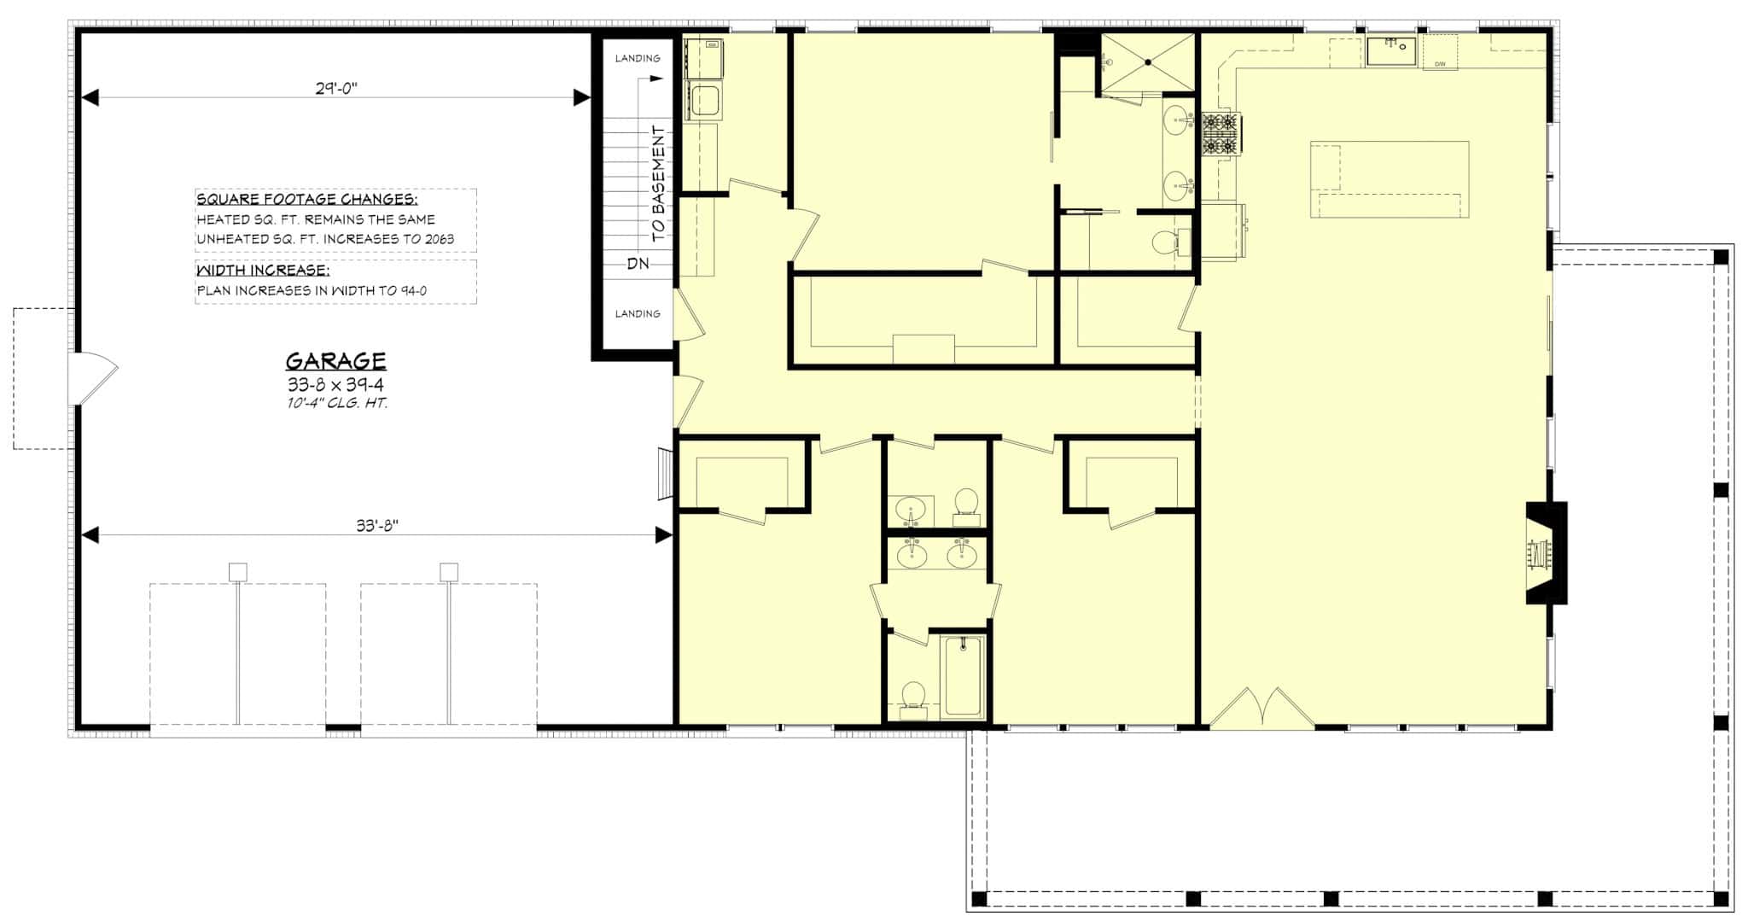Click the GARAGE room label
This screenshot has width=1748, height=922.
click(x=335, y=360)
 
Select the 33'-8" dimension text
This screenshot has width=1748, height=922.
click(x=377, y=526)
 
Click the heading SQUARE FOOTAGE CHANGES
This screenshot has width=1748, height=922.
click(x=307, y=200)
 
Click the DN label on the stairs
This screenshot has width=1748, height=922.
click(x=638, y=264)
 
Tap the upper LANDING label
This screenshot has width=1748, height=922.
click(x=638, y=58)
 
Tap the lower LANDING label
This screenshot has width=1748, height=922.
click(x=638, y=313)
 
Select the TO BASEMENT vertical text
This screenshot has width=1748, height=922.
click(x=658, y=183)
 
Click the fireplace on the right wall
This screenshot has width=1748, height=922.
click(x=1546, y=552)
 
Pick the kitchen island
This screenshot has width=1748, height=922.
click(x=1390, y=179)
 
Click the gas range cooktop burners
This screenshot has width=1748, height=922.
click(x=1221, y=135)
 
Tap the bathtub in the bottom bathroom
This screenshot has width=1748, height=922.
click(x=964, y=676)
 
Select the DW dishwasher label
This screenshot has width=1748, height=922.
click(x=1440, y=64)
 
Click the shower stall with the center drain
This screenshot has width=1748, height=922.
click(x=1148, y=61)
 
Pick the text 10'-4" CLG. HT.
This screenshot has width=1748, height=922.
click(x=337, y=403)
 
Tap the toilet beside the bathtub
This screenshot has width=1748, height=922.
click(x=913, y=695)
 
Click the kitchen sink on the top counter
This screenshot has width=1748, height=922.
click(x=1391, y=51)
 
